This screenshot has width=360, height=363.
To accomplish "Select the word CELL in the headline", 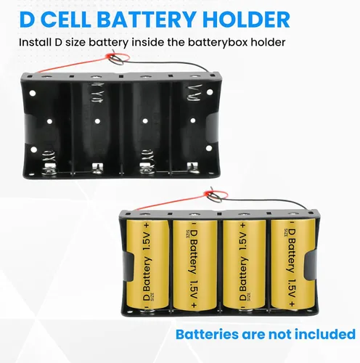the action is click(x=66, y=20).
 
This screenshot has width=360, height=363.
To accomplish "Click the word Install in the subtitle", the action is click(x=35, y=42).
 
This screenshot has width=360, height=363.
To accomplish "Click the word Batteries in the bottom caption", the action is click(x=207, y=335).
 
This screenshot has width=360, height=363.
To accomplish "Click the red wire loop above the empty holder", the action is click(x=118, y=58).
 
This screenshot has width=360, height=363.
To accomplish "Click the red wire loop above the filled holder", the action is click(x=216, y=195).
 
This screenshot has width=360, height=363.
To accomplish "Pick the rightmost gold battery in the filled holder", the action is click(x=293, y=264).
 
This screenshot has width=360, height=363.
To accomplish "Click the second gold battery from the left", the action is click(x=195, y=264).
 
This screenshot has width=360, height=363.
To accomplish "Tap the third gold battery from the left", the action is click(x=244, y=264).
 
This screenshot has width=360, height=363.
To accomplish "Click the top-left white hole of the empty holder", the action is click(x=33, y=93).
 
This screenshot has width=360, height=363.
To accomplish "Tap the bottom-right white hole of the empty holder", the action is click(x=209, y=148).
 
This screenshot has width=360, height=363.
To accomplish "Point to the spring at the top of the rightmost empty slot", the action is click(x=195, y=92).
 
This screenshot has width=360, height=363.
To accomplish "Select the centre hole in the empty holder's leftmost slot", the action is click(x=49, y=121).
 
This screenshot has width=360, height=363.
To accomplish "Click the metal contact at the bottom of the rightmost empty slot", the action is click(x=193, y=168).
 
